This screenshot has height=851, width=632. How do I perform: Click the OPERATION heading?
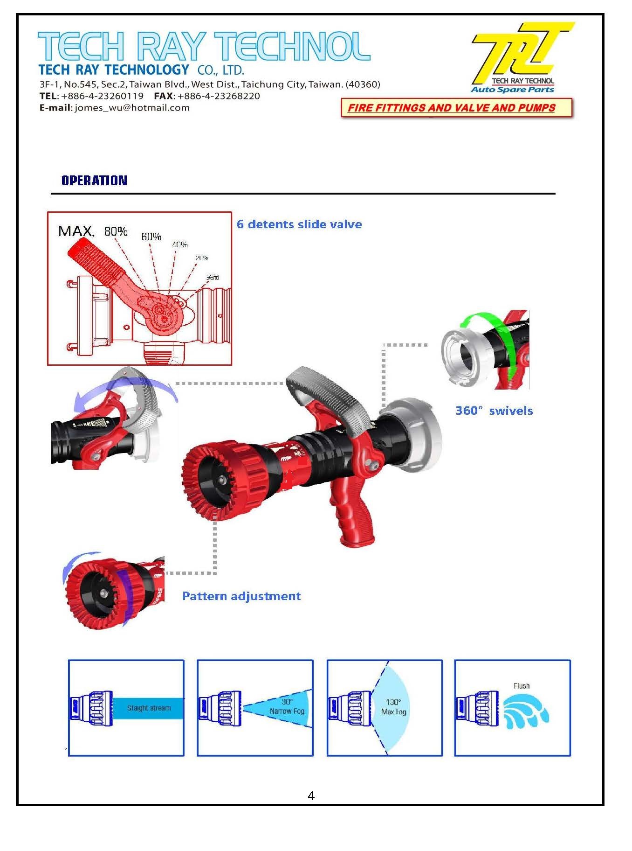click(x=94, y=181)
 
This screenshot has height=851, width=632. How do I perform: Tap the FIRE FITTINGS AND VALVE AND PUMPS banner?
click(x=451, y=108)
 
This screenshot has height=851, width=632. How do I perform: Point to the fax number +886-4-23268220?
click(x=219, y=96)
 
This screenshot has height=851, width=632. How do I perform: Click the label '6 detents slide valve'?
click(x=299, y=224)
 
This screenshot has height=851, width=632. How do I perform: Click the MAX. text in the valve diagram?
click(x=76, y=231)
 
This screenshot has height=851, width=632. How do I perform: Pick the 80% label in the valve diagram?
click(x=116, y=231)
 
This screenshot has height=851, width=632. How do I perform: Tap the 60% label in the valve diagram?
click(x=151, y=237)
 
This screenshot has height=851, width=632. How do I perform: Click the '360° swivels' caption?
click(x=494, y=411)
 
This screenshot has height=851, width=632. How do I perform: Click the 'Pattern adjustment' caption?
click(x=241, y=596)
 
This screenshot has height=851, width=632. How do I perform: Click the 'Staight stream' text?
click(x=149, y=708)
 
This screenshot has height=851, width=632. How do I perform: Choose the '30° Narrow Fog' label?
click(x=287, y=706)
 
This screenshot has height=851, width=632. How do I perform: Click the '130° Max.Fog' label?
click(x=393, y=707)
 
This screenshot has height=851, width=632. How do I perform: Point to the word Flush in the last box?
click(x=521, y=685)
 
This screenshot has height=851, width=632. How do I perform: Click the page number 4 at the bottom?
click(x=311, y=795)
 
